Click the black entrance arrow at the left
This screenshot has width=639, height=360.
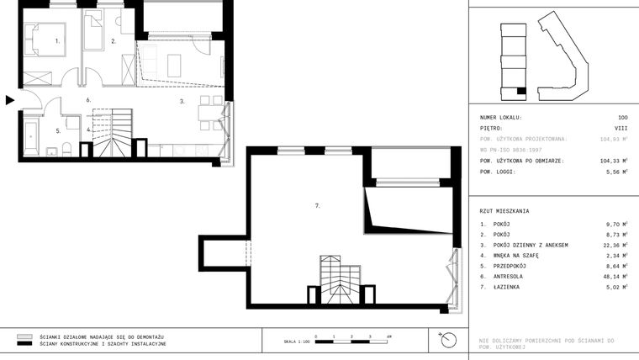9,100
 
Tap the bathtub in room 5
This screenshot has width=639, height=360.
31,139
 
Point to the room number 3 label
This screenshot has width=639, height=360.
182,101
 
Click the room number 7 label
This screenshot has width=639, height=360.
316,204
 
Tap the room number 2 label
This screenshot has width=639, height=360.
114,40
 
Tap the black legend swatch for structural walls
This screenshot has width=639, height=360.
24,344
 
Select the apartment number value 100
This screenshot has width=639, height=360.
622,118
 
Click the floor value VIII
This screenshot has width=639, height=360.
621,129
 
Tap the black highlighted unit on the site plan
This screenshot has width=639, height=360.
521,90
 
